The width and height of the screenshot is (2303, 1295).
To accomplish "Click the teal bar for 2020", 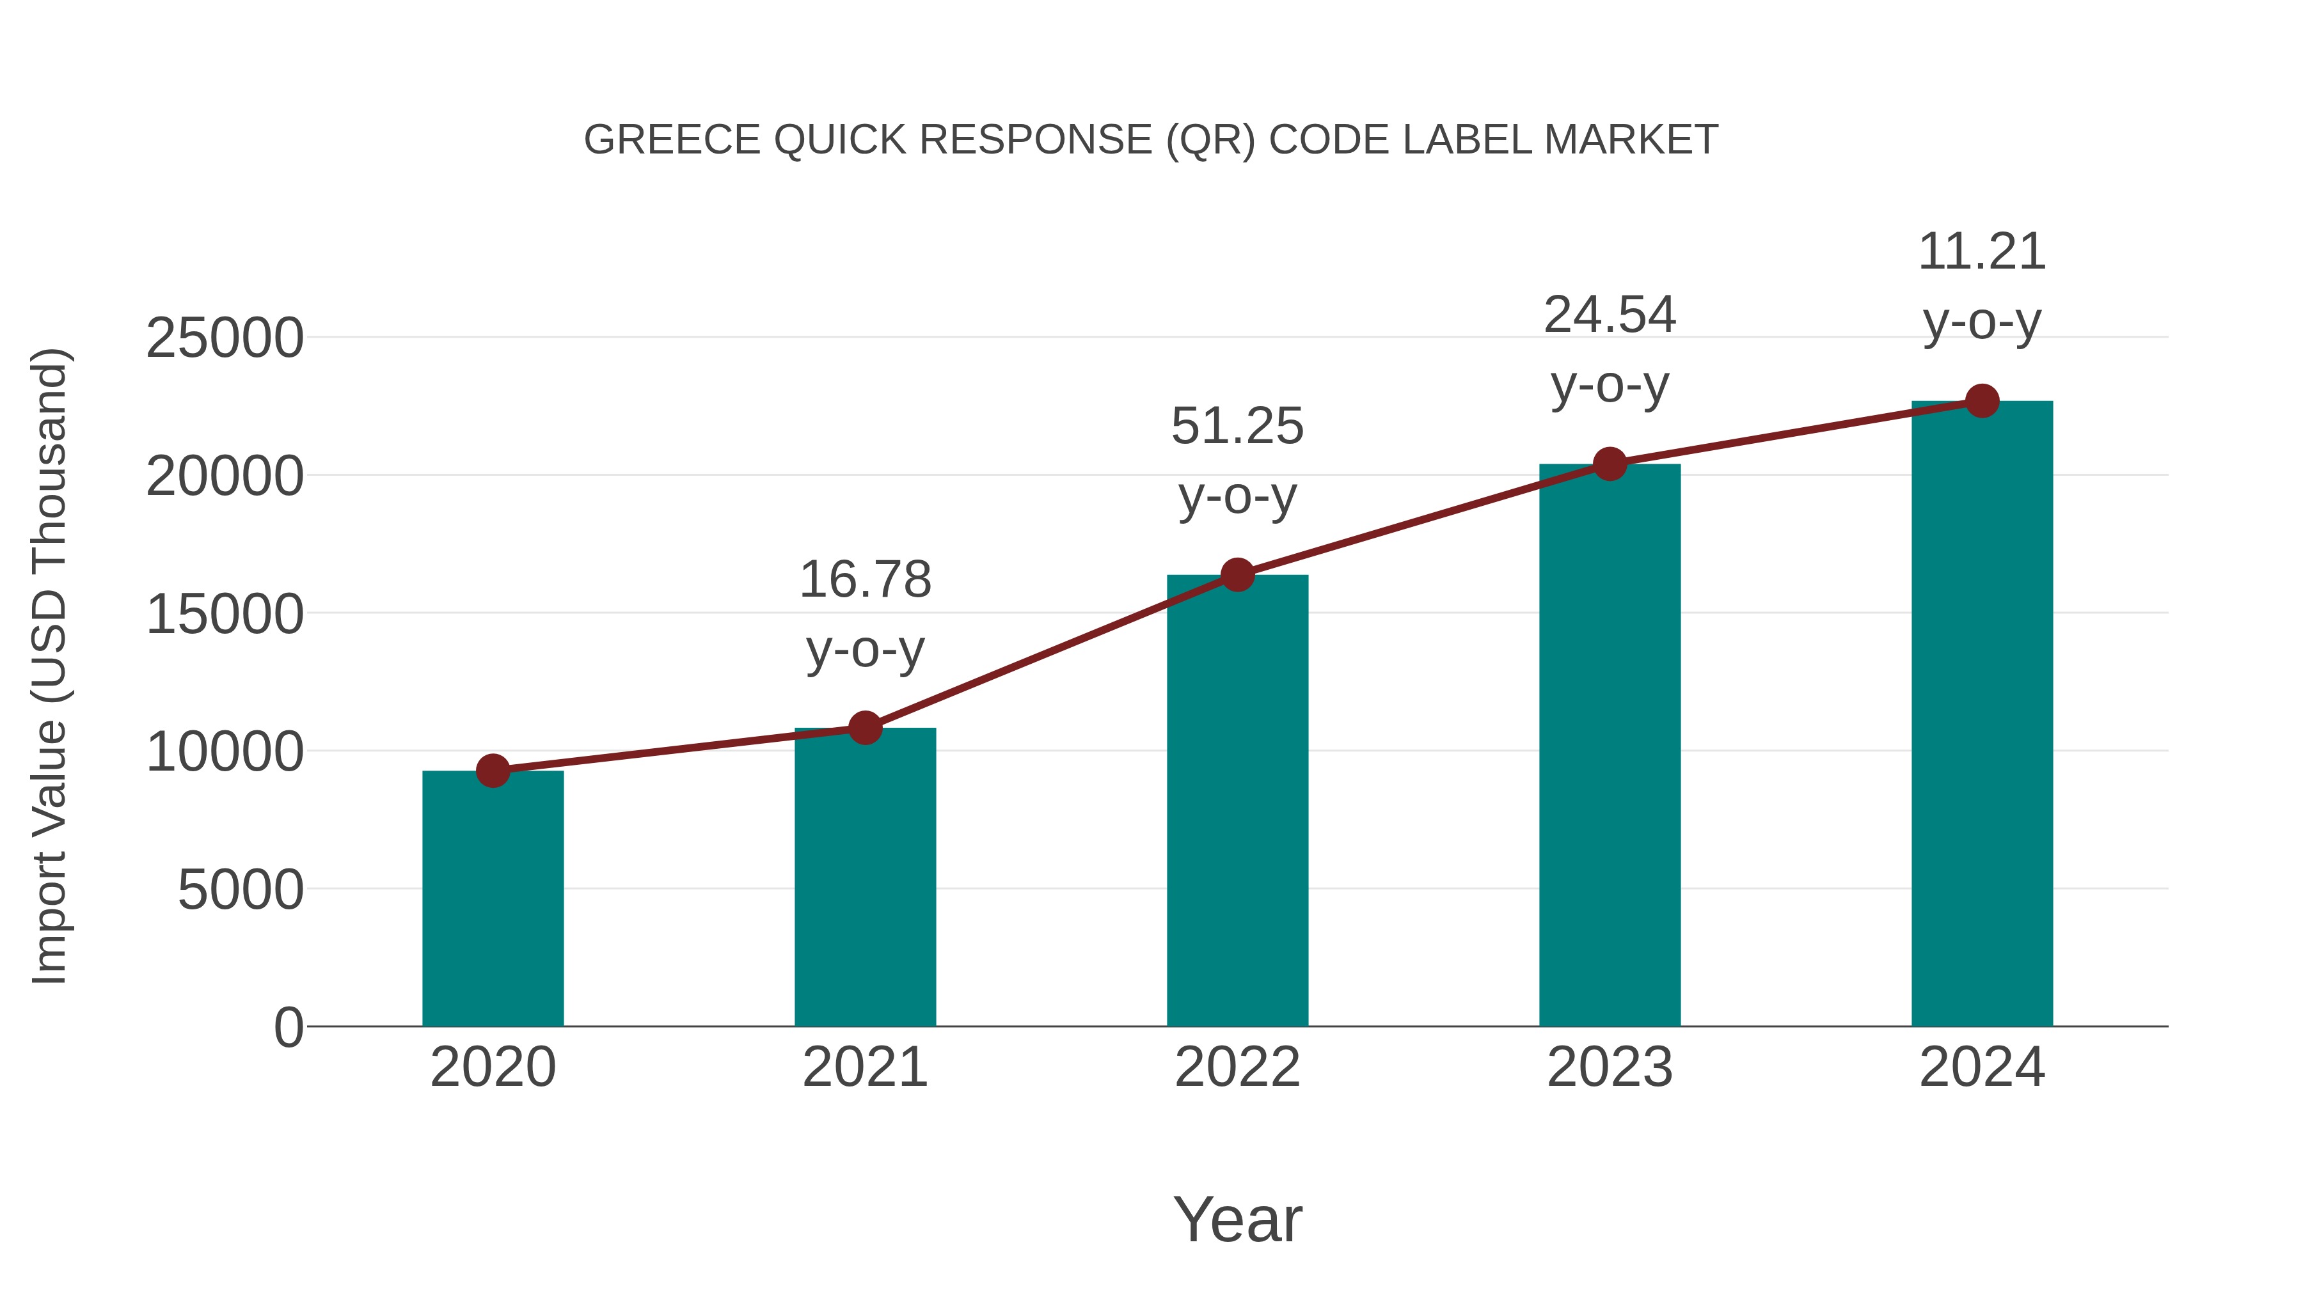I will (x=493, y=899).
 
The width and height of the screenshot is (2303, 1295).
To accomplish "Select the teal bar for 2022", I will (x=1237, y=800).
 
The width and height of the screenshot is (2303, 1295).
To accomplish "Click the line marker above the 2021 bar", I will (x=864, y=728).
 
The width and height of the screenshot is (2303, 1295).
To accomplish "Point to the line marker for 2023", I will (x=1610, y=464).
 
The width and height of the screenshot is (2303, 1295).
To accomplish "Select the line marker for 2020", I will (x=493, y=771).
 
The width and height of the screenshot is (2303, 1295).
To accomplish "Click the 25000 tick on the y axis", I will (x=225, y=339).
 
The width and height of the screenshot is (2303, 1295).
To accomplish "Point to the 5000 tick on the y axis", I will (x=241, y=890).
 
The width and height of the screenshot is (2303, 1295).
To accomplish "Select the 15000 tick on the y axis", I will (x=225, y=615).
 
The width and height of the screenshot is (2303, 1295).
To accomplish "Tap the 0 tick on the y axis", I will (x=289, y=1028).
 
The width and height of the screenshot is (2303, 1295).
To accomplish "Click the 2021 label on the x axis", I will (x=864, y=1067).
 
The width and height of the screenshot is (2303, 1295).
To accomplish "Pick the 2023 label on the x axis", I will (x=1610, y=1067).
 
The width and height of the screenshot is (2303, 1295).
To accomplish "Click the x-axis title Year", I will (x=1237, y=1219).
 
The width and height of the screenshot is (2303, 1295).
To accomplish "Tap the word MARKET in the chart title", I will (x=1631, y=140).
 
